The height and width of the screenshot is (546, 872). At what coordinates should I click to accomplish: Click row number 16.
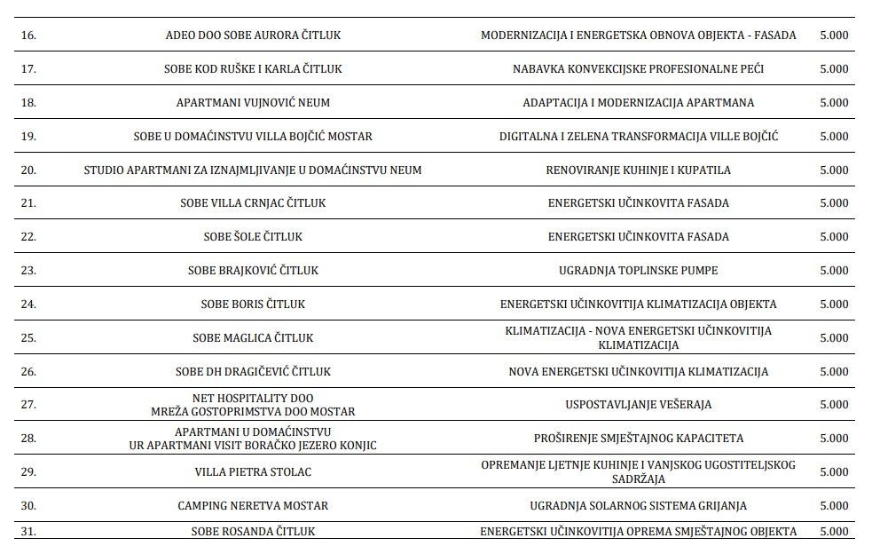click(27, 36)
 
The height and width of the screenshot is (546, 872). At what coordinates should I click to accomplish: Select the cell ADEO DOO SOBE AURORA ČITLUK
click(253, 36)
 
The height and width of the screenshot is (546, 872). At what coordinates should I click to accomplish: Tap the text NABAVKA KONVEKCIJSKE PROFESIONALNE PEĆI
click(638, 69)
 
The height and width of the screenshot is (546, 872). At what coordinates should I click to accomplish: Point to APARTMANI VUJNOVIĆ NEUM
click(253, 103)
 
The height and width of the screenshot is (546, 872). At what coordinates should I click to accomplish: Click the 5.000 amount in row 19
click(835, 137)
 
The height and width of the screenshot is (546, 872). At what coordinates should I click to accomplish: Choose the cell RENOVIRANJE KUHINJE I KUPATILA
click(638, 170)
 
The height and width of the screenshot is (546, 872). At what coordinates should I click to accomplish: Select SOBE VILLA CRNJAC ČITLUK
click(253, 203)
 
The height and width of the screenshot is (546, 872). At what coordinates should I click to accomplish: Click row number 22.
click(27, 237)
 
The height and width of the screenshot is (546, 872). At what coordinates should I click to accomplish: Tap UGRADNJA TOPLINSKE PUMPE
click(638, 270)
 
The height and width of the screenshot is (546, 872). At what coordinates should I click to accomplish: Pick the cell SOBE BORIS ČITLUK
click(253, 305)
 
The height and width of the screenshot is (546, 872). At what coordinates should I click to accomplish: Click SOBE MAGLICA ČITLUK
click(253, 338)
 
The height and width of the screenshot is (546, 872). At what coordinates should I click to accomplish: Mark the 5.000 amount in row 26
click(835, 371)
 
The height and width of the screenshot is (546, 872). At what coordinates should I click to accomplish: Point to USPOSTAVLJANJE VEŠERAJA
click(638, 405)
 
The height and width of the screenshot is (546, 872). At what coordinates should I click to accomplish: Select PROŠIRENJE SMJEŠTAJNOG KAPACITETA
click(638, 439)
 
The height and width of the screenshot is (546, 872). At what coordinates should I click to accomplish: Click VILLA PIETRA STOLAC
click(253, 472)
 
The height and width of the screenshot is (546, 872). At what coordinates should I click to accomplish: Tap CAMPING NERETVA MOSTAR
click(253, 506)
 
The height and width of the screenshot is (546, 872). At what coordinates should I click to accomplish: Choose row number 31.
click(27, 532)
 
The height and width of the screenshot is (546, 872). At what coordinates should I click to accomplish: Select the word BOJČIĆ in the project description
click(758, 137)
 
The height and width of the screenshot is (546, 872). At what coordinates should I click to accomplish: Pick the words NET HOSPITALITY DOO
click(253, 399)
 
